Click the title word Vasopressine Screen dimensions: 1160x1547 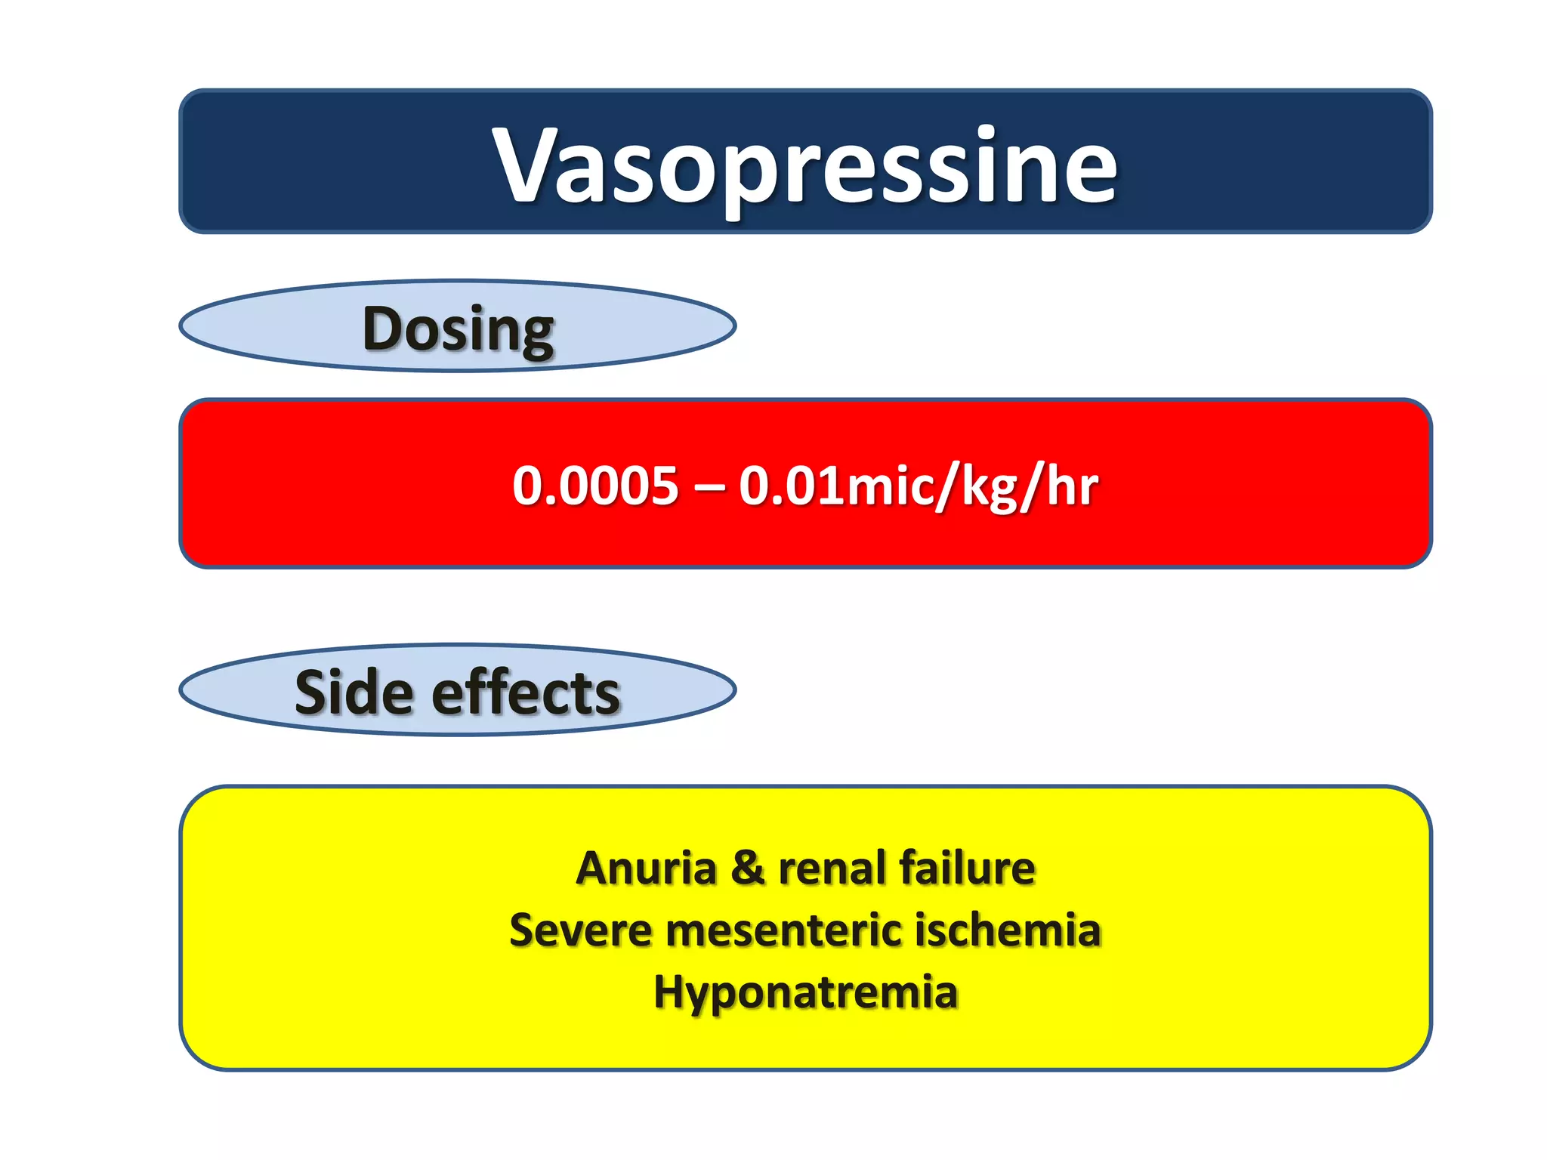pyautogui.click(x=804, y=165)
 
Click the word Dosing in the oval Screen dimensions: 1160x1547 pyautogui.click(x=459, y=329)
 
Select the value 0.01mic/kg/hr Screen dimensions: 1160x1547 pyautogui.click(x=918, y=486)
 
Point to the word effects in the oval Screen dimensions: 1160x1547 pyautogui.click(x=526, y=693)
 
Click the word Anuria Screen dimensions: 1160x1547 pyautogui.click(x=646, y=868)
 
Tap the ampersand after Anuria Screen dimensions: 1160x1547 pyautogui.click(x=747, y=868)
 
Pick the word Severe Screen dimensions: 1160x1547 pyautogui.click(x=580, y=930)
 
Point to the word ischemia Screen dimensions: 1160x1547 pyautogui.click(x=1008, y=930)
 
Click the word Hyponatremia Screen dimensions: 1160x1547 pyautogui.click(x=805, y=992)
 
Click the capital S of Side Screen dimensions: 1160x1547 pyautogui.click(x=312, y=693)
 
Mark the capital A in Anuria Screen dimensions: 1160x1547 pyautogui.click(x=593, y=868)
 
